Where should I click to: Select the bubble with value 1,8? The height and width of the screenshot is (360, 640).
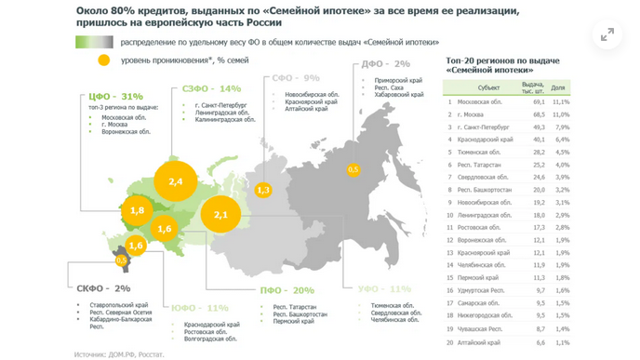[x=137, y=211]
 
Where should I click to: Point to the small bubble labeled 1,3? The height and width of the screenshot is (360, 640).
[x=263, y=190]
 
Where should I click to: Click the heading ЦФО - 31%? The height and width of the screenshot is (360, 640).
[x=113, y=96]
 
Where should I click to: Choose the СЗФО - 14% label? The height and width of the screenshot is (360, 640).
[x=206, y=89]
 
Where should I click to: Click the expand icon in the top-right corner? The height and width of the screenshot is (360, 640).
[x=607, y=34]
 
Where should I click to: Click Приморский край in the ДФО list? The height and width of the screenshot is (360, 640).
[x=389, y=81]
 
